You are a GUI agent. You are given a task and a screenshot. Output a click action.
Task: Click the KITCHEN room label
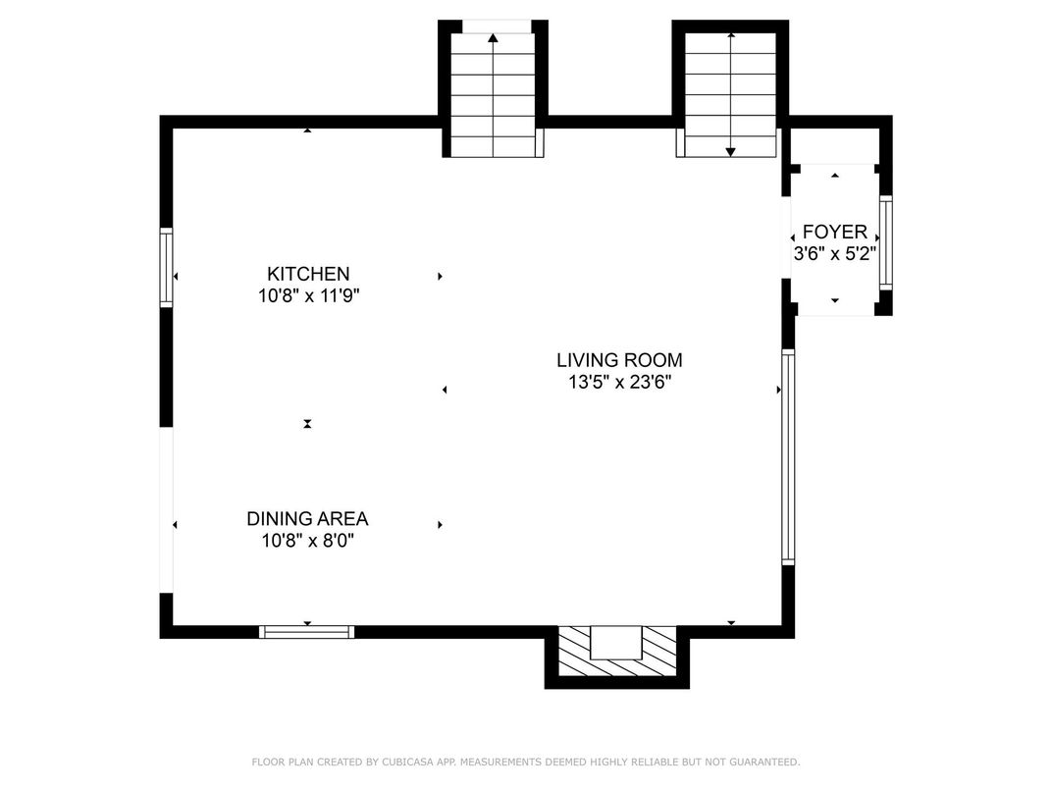pos(308,274)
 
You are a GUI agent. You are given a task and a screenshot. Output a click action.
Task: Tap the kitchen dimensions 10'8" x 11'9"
pos(309,296)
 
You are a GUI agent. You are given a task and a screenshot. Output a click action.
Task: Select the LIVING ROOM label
pos(619,360)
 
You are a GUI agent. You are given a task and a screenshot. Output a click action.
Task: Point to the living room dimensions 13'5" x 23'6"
pos(620,383)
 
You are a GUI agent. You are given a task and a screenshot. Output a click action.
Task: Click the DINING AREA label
pos(307,518)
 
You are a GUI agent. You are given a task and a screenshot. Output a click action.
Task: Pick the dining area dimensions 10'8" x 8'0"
pos(307,540)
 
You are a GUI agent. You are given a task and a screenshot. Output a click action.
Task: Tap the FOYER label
pos(834,233)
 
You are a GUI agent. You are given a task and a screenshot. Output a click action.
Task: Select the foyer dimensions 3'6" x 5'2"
pos(835,254)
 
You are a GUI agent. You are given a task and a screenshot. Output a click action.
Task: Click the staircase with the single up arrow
pos(493,94)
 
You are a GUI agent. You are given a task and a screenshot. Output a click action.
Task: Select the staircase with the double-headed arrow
pos(730,94)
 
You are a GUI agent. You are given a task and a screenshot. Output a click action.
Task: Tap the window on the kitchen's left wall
pos(166,267)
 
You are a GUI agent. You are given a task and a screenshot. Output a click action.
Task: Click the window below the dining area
pos(306,631)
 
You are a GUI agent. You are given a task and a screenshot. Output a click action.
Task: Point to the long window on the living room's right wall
pos(788,456)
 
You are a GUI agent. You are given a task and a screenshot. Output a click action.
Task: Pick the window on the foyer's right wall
pos(885,242)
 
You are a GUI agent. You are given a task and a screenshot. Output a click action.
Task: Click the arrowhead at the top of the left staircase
pos(493,38)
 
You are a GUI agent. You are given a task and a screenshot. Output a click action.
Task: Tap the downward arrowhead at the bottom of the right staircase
pos(731,152)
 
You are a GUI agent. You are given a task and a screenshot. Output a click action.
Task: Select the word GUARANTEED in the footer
pos(764,762)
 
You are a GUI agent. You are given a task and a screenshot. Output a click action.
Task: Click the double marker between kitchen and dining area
pos(307,423)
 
